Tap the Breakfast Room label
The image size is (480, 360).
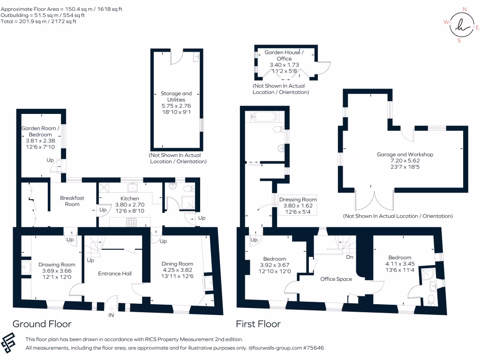pyautogui.click(x=72, y=201)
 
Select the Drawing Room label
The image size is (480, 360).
pyautogui.click(x=57, y=264)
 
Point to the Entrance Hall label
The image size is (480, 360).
pyautogui.click(x=114, y=273)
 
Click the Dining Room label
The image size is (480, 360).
pyautogui.click(x=177, y=264)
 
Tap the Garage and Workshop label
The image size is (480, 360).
pyautogui.click(x=405, y=154)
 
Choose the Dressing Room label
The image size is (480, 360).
pyautogui.click(x=298, y=199)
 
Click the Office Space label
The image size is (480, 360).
pyautogui.click(x=336, y=279)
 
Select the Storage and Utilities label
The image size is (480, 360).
pyautogui.click(x=176, y=97)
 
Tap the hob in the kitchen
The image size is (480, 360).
pyautogui.click(x=131, y=223)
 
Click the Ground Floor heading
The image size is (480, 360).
pyautogui.click(x=42, y=324)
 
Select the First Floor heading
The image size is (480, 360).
pyautogui.click(x=258, y=324)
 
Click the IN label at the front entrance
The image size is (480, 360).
pyautogui.click(x=111, y=315)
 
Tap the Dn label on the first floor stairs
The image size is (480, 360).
pyautogui.click(x=349, y=257)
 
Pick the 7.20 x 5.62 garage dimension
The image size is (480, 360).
pyautogui.click(x=405, y=160)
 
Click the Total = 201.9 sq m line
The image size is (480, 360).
pyautogui.click(x=39, y=22)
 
